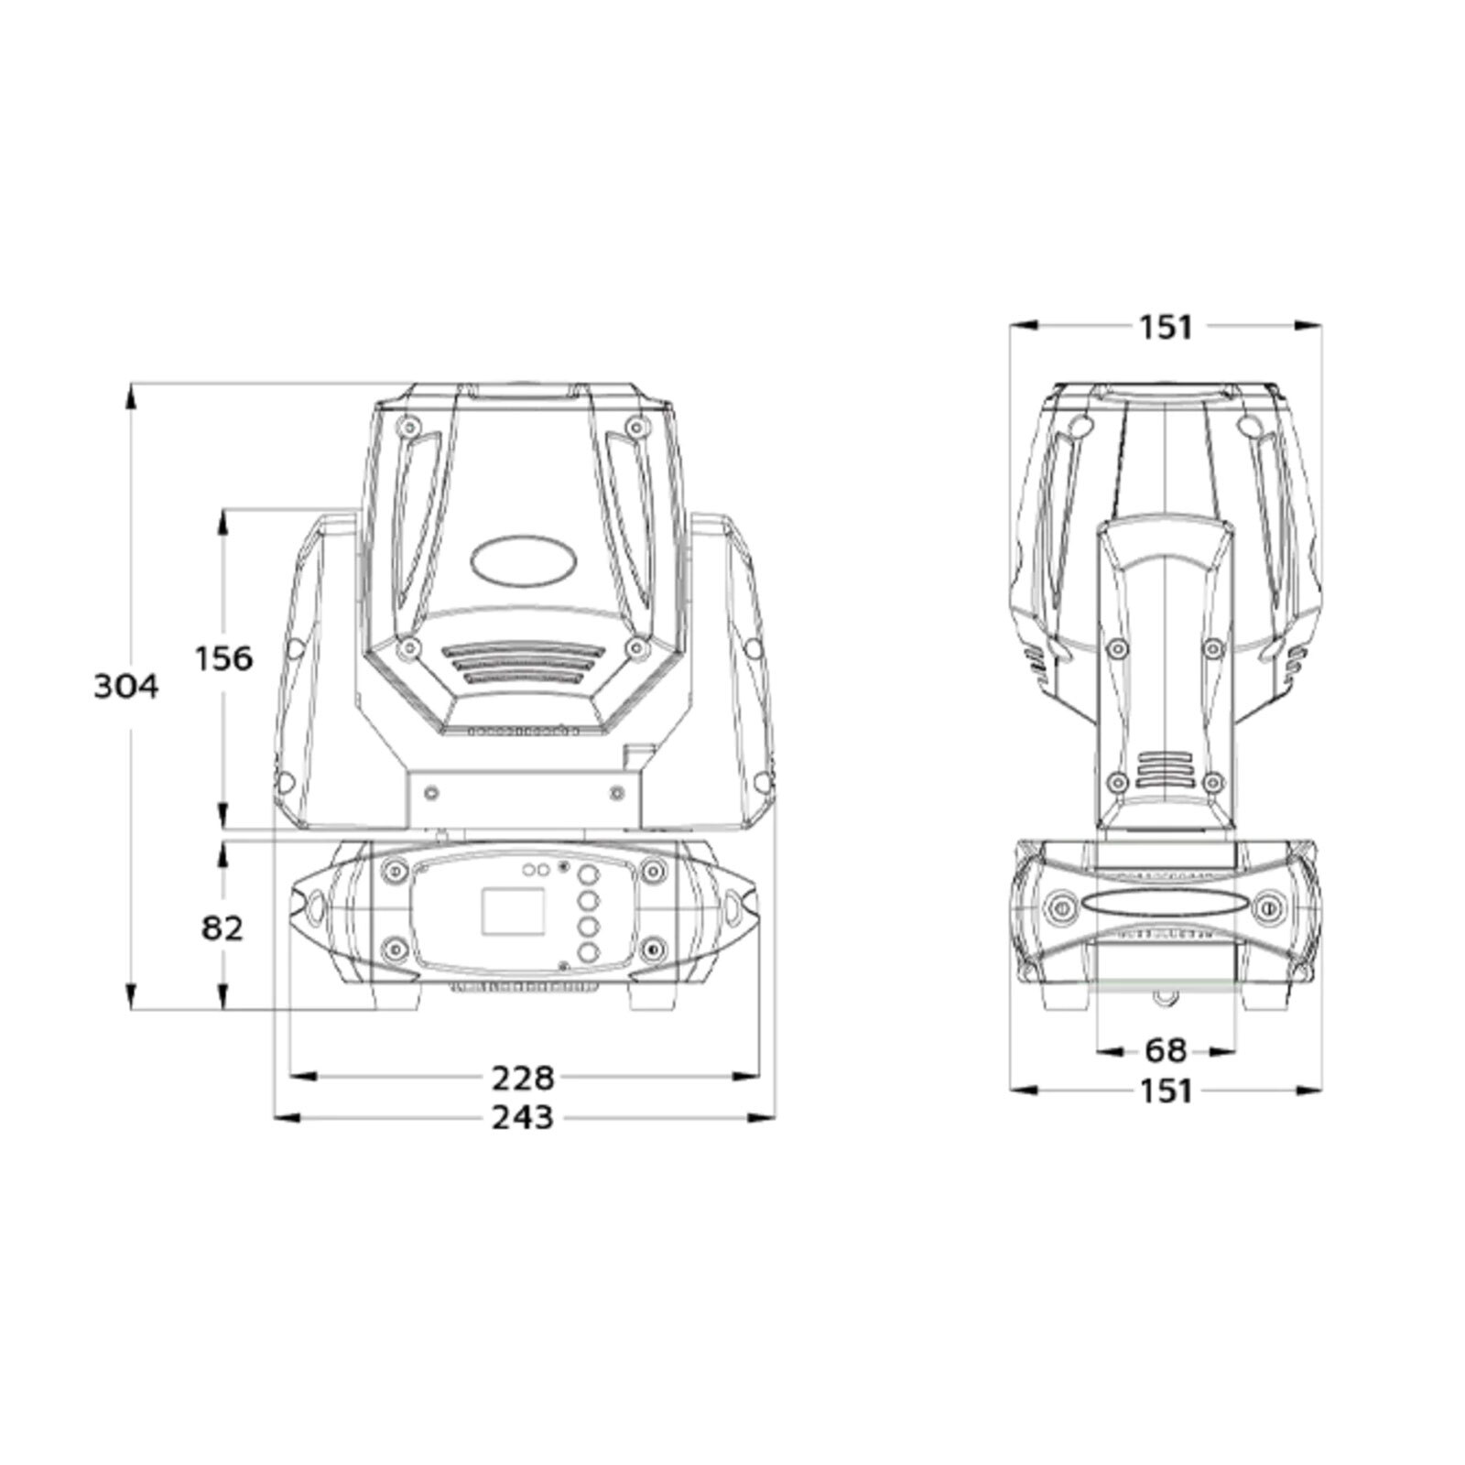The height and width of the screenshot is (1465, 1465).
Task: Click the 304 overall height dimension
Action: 126,687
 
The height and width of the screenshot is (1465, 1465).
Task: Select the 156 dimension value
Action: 223,658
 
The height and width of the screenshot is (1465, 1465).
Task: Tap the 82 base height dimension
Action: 222,928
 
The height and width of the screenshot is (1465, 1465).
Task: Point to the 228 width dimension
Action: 523,1078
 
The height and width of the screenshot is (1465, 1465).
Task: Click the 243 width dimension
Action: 523,1117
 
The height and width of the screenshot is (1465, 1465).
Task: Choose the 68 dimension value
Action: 1166,1050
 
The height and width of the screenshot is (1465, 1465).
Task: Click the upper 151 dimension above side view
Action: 1166,327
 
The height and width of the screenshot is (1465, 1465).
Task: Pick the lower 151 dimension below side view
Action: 1166,1091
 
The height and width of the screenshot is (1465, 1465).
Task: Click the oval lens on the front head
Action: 523,559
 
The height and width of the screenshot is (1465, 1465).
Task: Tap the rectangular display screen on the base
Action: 513,911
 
